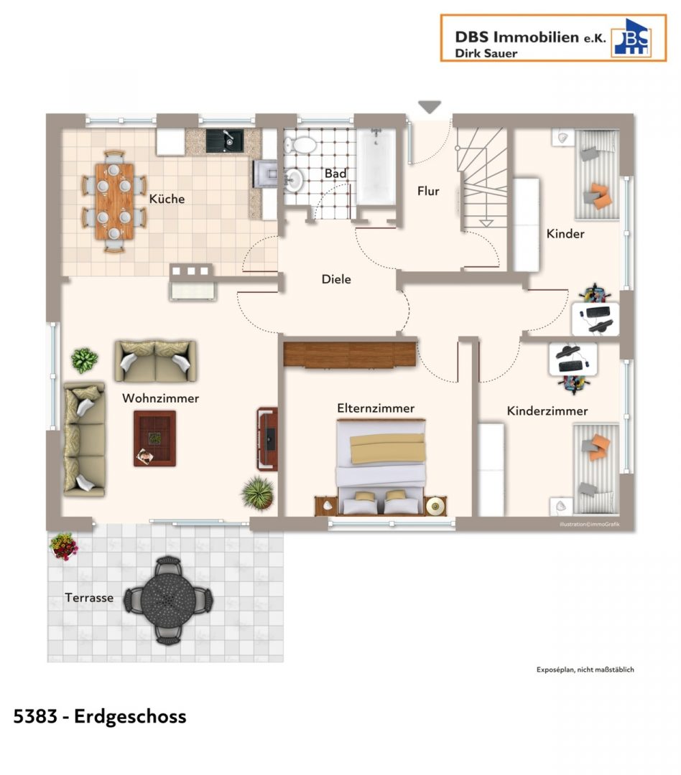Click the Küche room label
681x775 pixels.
[x=167, y=199]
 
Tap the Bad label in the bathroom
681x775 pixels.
[x=335, y=174]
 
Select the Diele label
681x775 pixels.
[x=336, y=279]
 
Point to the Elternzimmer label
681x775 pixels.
[x=376, y=408]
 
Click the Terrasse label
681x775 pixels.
[x=89, y=598]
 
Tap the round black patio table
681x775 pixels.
[x=168, y=600]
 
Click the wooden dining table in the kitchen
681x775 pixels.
[x=114, y=201]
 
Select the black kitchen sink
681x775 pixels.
[x=225, y=141]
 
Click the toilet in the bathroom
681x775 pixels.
[x=300, y=145]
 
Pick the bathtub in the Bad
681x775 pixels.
[x=376, y=166]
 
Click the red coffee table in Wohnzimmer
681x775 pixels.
[x=155, y=438]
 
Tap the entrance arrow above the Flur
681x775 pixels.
[x=429, y=107]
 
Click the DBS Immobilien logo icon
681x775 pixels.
[x=631, y=37]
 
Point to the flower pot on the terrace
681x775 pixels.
[x=64, y=546]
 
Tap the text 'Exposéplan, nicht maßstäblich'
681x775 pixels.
[x=585, y=670]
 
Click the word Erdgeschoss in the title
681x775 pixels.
[x=130, y=717]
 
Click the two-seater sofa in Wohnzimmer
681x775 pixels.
[x=155, y=361]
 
